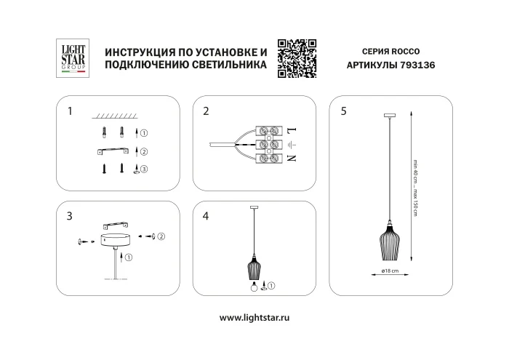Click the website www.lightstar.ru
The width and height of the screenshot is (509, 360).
tap(254, 318)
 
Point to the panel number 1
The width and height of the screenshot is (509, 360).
tap(69, 111)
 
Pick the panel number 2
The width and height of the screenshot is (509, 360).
tap(206, 111)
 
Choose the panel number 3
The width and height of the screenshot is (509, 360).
tap(69, 216)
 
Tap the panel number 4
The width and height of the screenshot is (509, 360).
tap(206, 216)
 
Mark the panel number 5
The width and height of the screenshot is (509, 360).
tap(342, 111)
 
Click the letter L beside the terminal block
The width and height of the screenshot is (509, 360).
tap(292, 131)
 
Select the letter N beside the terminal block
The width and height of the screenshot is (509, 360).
tap(292, 158)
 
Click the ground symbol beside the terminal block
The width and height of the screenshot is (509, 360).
tap(292, 144)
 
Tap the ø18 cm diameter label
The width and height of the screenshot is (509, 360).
tap(390, 271)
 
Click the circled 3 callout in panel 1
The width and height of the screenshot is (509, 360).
tap(144, 169)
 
